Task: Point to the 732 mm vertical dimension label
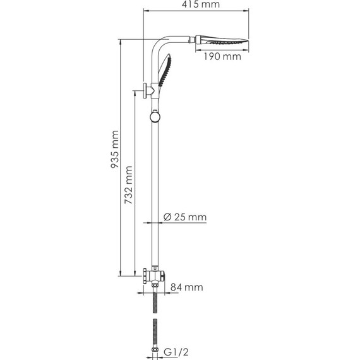coord(129,183)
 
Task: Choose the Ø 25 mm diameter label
coord(184,217)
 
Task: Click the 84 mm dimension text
coord(187,287)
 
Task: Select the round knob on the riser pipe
coord(155,116)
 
